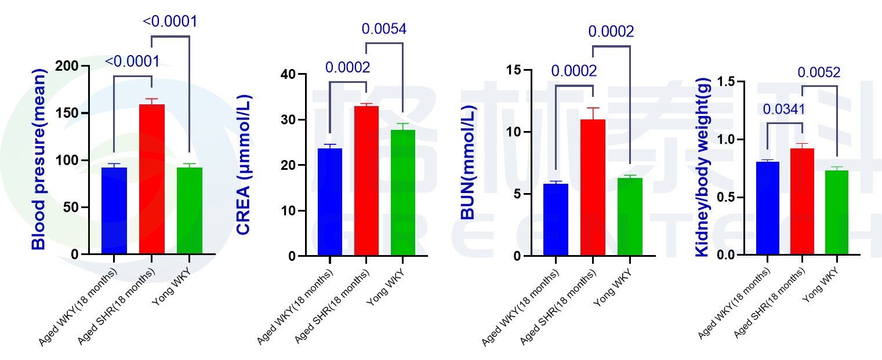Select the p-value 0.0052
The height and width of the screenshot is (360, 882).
click(819, 72)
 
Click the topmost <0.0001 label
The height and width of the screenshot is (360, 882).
click(170, 21)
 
